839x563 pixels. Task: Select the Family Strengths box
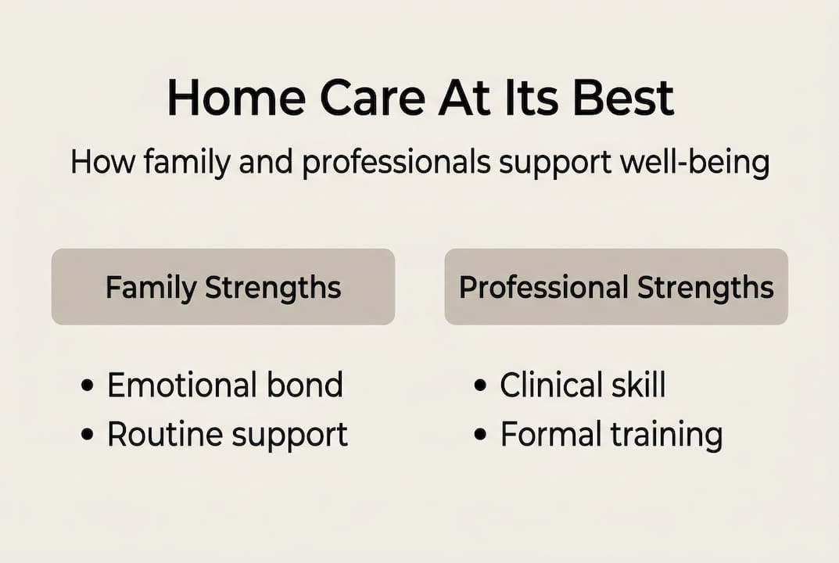(223, 287)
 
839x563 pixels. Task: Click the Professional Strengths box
(616, 287)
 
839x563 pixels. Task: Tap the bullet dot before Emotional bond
(87, 385)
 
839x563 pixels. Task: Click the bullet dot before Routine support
(87, 435)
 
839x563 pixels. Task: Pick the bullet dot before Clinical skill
(480, 385)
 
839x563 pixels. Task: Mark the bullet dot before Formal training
(480, 435)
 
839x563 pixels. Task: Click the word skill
(636, 385)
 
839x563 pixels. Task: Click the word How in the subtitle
(97, 163)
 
